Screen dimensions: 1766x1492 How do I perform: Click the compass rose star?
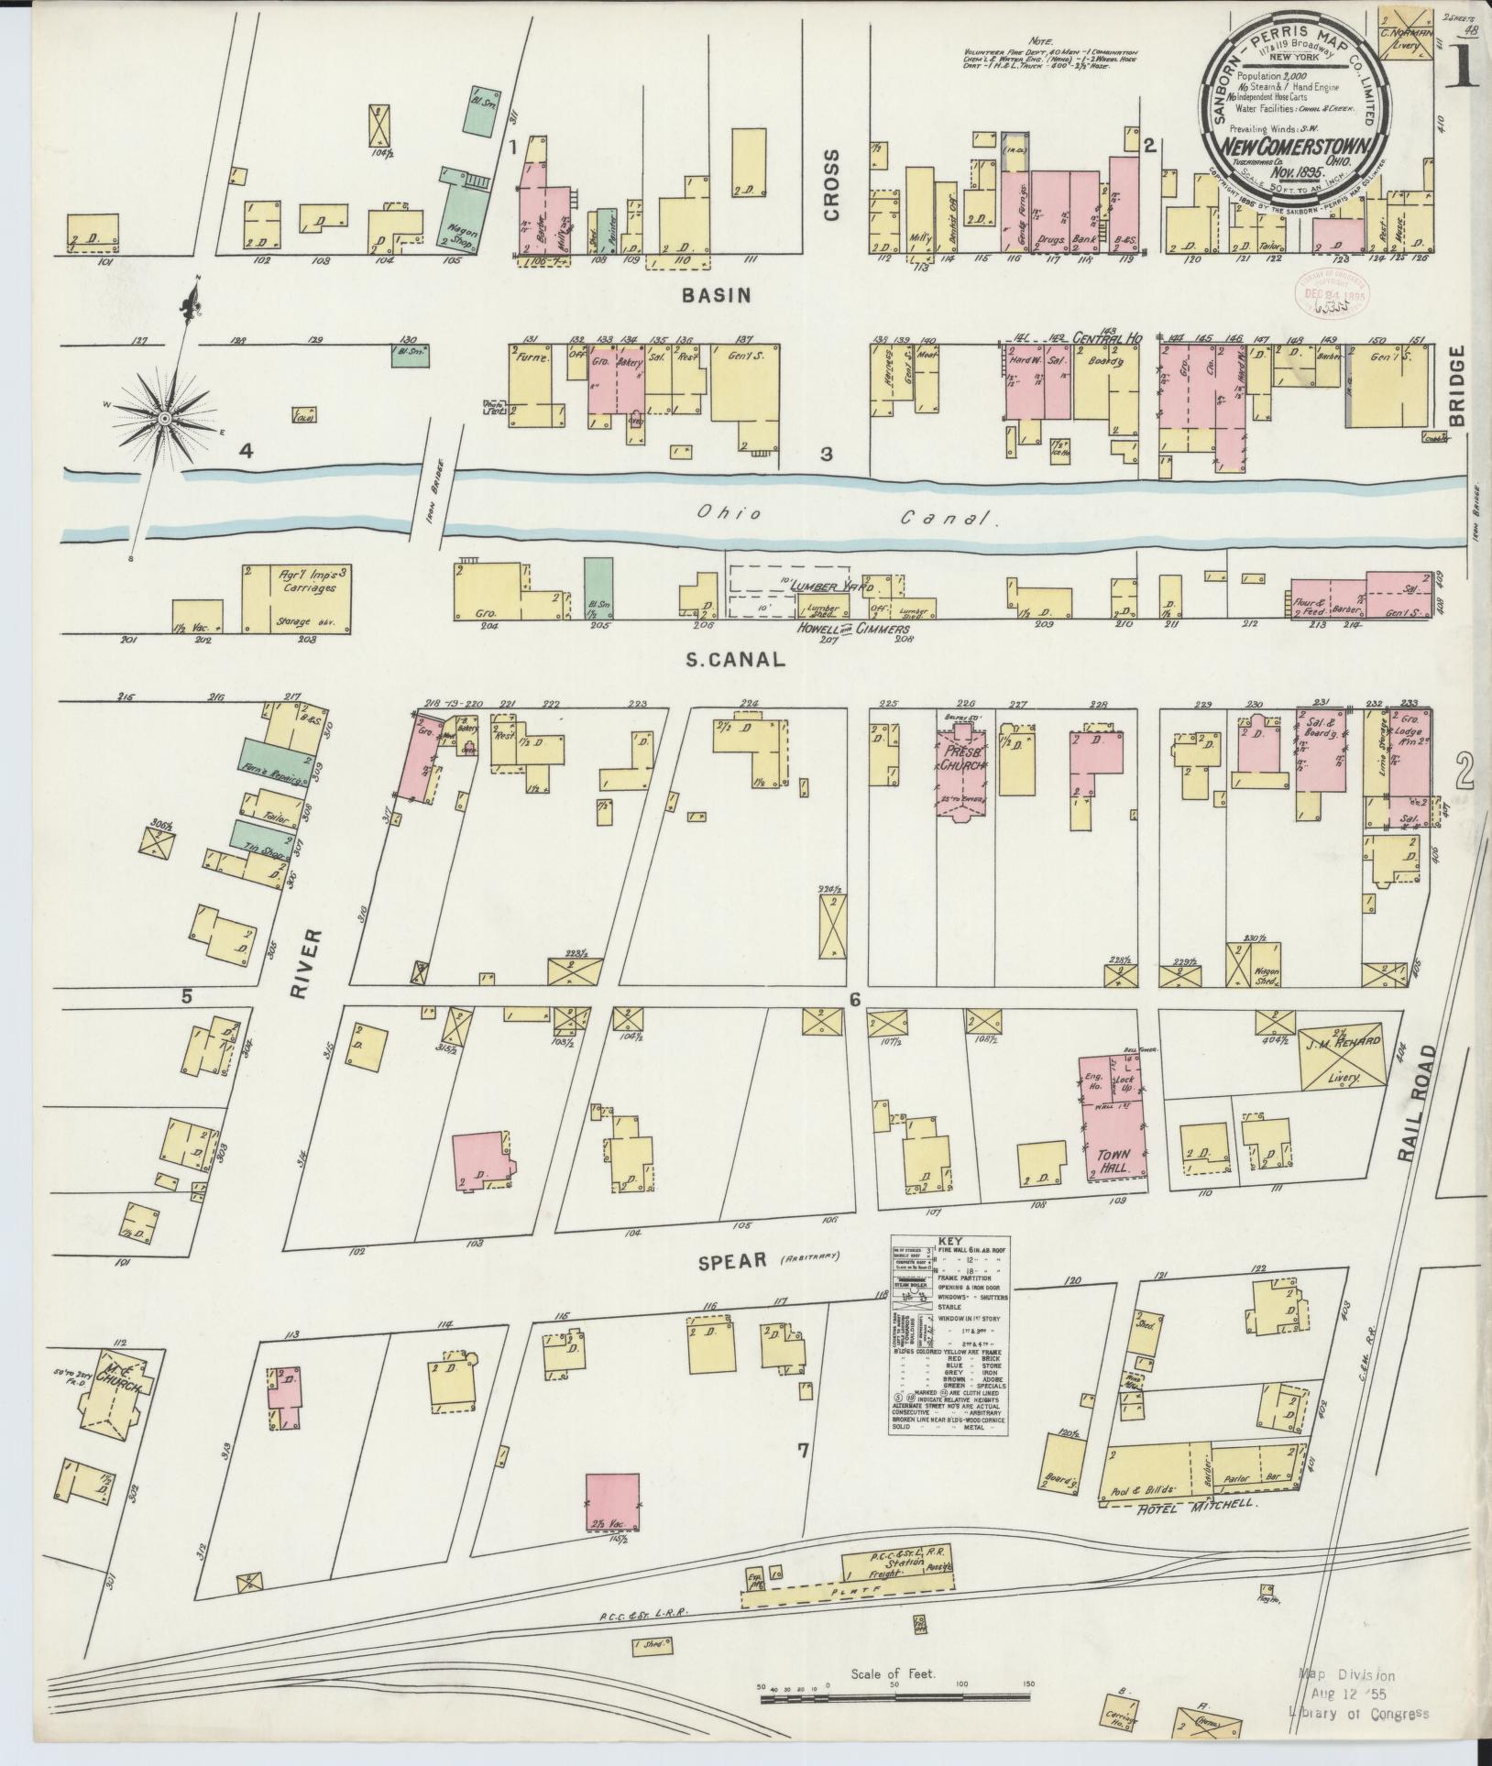point(164,419)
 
